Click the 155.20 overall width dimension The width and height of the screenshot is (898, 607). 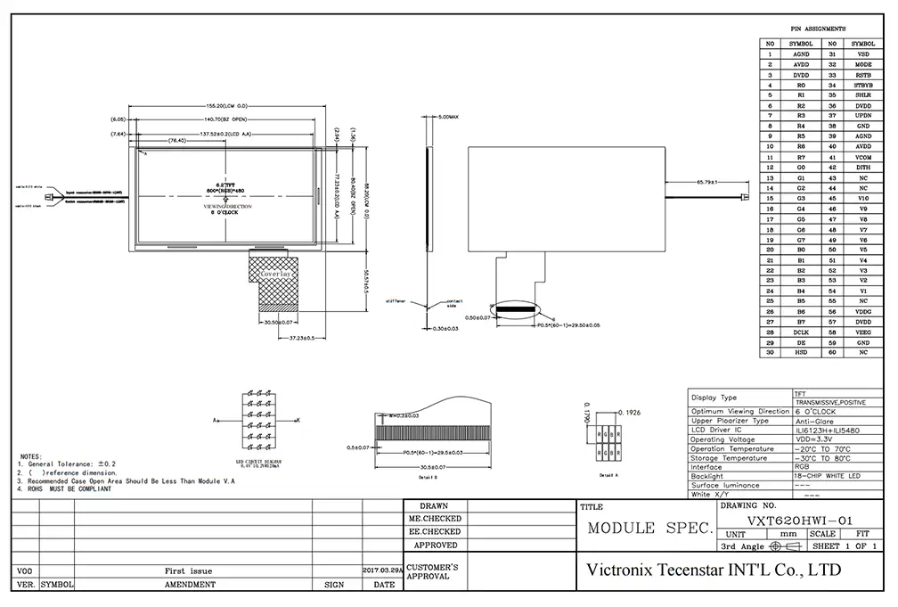pyautogui.click(x=225, y=106)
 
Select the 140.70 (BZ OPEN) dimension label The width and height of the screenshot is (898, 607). pyautogui.click(x=226, y=119)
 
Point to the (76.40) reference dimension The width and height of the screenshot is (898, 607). pyautogui.click(x=172, y=141)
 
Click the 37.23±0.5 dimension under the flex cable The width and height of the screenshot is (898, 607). pyautogui.click(x=303, y=340)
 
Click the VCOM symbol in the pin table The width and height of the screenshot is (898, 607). pyautogui.click(x=862, y=157)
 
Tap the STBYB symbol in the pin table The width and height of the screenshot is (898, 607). pyautogui.click(x=862, y=85)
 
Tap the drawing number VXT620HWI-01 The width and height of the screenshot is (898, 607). pyautogui.click(x=789, y=519)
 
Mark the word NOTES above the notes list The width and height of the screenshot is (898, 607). pyautogui.click(x=31, y=455)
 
